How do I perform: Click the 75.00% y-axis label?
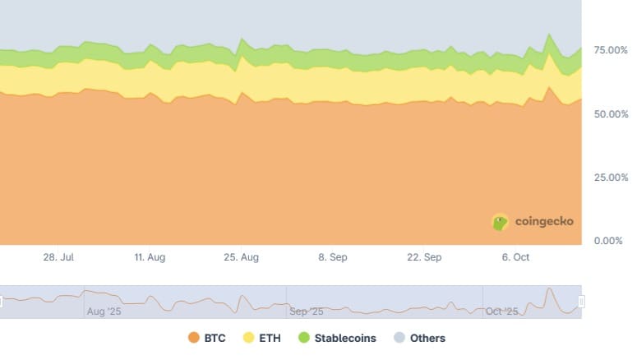coord(611,51)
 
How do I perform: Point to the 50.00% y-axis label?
coord(611,114)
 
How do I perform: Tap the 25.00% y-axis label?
coord(611,178)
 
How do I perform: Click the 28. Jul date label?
coord(59,257)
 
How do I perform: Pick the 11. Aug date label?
coord(150,257)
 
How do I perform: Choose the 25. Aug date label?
coord(241,257)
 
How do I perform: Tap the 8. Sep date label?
coord(333,257)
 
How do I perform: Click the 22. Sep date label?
coord(424,257)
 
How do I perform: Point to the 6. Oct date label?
coord(515,257)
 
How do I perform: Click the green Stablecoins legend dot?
coord(304,338)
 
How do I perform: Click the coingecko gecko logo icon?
coord(500,222)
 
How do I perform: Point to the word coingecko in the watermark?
coord(544,222)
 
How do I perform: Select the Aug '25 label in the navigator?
coord(104,312)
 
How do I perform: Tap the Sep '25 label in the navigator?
coord(307,312)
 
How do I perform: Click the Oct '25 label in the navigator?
coord(502,312)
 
